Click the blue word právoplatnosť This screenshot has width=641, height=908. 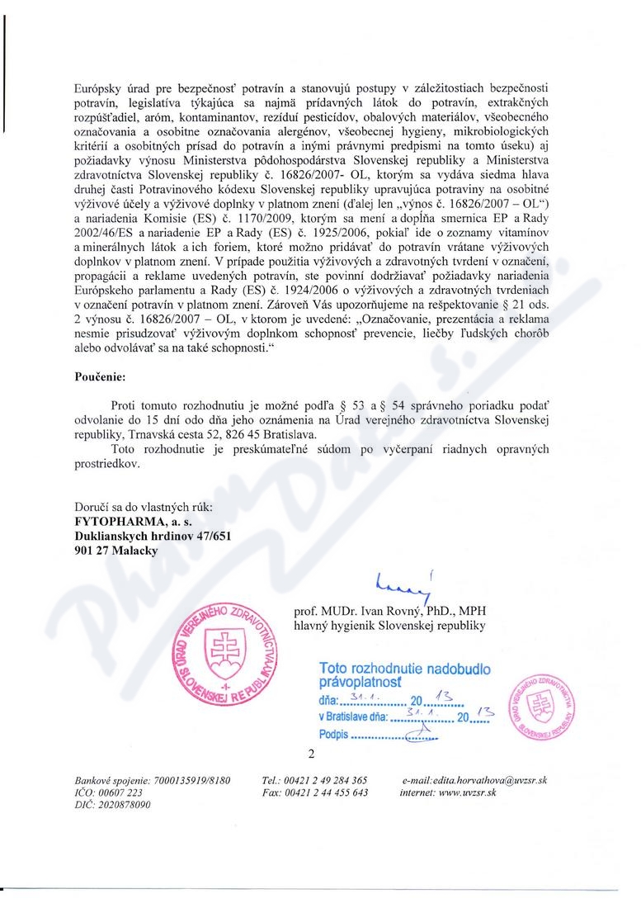(360, 683)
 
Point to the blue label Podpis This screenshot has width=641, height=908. (333, 734)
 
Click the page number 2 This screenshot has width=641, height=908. (312, 754)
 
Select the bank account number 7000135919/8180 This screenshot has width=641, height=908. (186, 780)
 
